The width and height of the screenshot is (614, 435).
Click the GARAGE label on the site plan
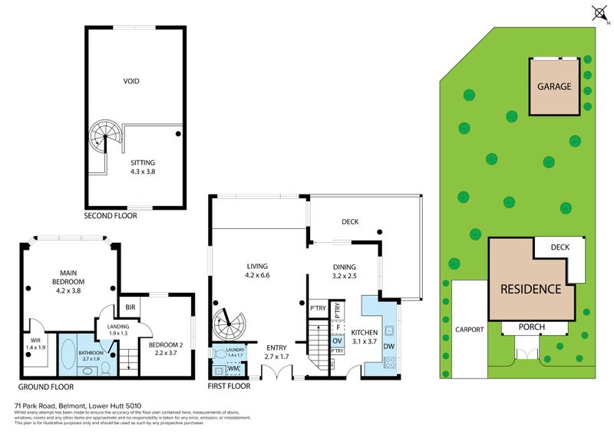(x=554, y=87)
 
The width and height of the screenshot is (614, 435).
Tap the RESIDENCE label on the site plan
(x=530, y=290)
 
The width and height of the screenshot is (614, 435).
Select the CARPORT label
(x=467, y=329)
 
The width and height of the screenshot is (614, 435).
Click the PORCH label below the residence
(x=530, y=327)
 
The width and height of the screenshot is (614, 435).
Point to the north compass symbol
(x=599, y=13)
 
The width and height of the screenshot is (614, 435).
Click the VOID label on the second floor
(x=131, y=81)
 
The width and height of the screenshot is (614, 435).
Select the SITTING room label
(x=142, y=163)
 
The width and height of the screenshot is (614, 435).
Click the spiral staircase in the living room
(x=226, y=324)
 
